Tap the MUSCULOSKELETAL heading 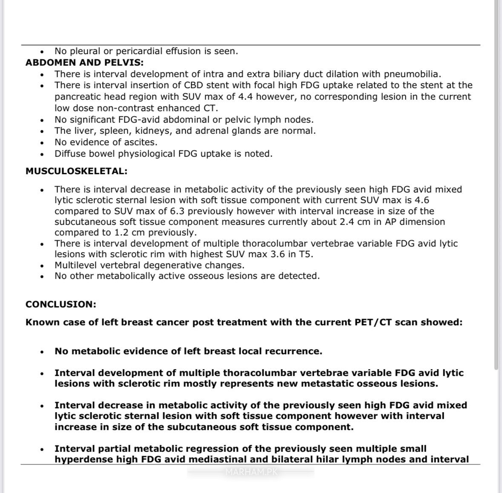(x=76, y=171)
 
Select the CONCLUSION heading (x=61, y=304)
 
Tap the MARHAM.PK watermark (x=251, y=472)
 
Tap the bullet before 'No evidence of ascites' (x=42, y=143)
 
